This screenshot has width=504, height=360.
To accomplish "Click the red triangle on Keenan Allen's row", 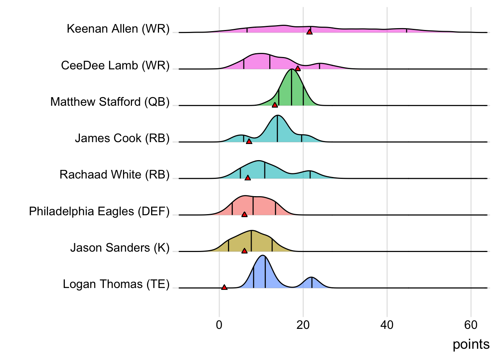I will point(309,32).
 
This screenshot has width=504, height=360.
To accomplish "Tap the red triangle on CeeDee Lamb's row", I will point(298,68).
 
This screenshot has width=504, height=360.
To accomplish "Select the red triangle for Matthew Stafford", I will point(275,105).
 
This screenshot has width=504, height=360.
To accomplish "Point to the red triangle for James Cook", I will point(249,141).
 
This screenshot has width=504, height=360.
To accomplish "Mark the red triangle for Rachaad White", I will point(247,177).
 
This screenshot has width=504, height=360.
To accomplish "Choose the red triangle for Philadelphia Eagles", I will point(244,214).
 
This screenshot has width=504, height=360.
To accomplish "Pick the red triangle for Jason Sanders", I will point(244,250).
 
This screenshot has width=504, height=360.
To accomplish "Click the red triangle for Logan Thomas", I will point(224,287).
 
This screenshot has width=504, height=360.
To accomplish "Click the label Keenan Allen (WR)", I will point(118,29).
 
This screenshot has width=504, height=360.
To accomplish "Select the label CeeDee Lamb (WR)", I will point(115,66).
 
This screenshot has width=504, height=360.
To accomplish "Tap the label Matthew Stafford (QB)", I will point(110,102).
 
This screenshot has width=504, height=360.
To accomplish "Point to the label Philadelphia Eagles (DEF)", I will point(99,211).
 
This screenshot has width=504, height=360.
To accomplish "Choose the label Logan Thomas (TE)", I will point(116,284).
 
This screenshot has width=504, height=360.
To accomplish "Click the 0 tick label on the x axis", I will point(219,325).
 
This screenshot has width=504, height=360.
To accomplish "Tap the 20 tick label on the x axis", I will point(303,325).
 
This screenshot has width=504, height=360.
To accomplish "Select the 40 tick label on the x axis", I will point(387,325).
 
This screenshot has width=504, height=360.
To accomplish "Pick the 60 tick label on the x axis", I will point(471,325).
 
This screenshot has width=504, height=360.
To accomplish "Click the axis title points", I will point(471,344).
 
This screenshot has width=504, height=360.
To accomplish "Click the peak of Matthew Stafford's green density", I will point(291,70).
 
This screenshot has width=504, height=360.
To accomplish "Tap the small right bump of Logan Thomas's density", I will point(312,278).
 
